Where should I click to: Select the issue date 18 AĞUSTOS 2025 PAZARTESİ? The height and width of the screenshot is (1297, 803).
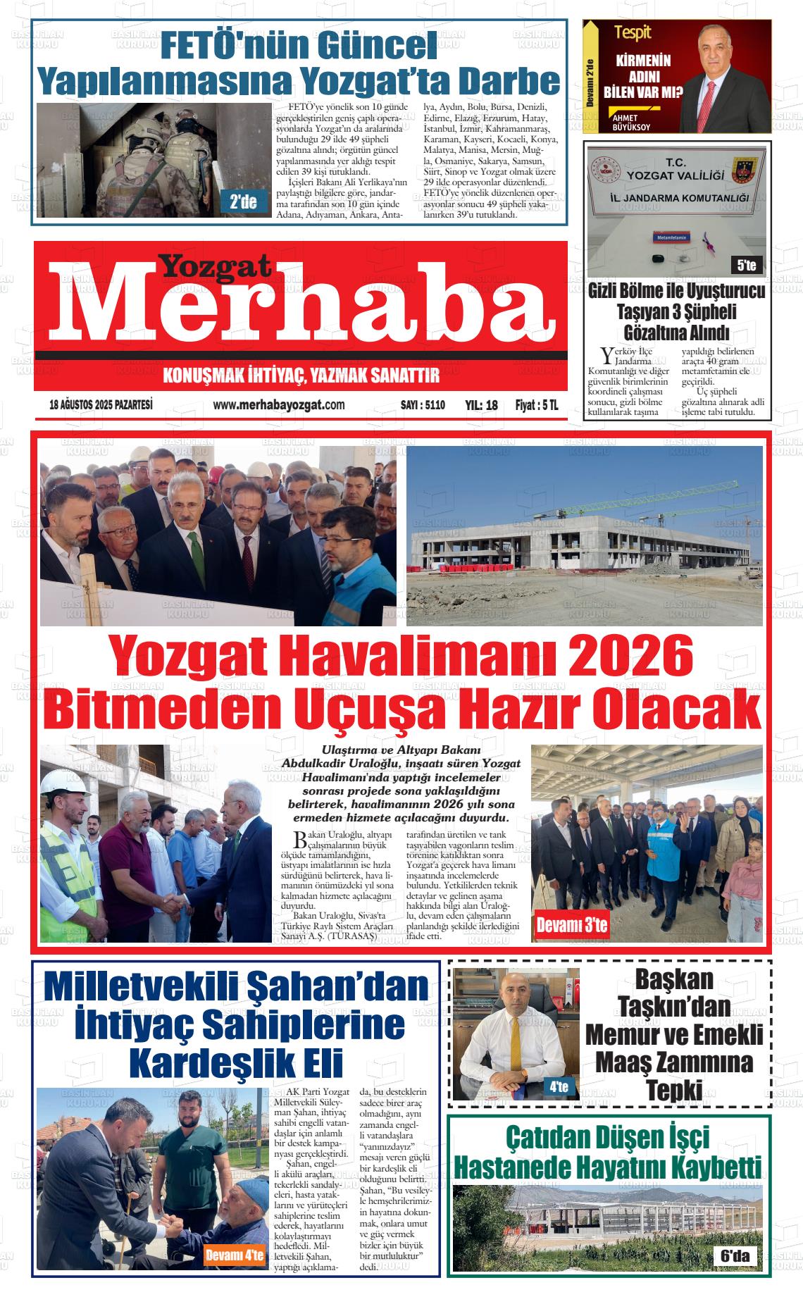coord(101,404)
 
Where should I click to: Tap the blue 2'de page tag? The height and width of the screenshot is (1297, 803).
coord(244,202)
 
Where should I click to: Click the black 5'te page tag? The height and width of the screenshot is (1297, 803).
coord(746,265)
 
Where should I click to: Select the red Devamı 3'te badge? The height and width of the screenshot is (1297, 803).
coord(571,925)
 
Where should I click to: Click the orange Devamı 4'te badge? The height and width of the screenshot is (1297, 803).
coord(235,1254)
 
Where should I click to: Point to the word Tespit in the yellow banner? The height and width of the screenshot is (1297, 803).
coord(632,32)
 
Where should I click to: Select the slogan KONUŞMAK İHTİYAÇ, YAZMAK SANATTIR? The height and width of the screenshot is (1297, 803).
coord(301,376)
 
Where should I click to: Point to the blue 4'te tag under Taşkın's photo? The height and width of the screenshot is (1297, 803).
coord(559,1087)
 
